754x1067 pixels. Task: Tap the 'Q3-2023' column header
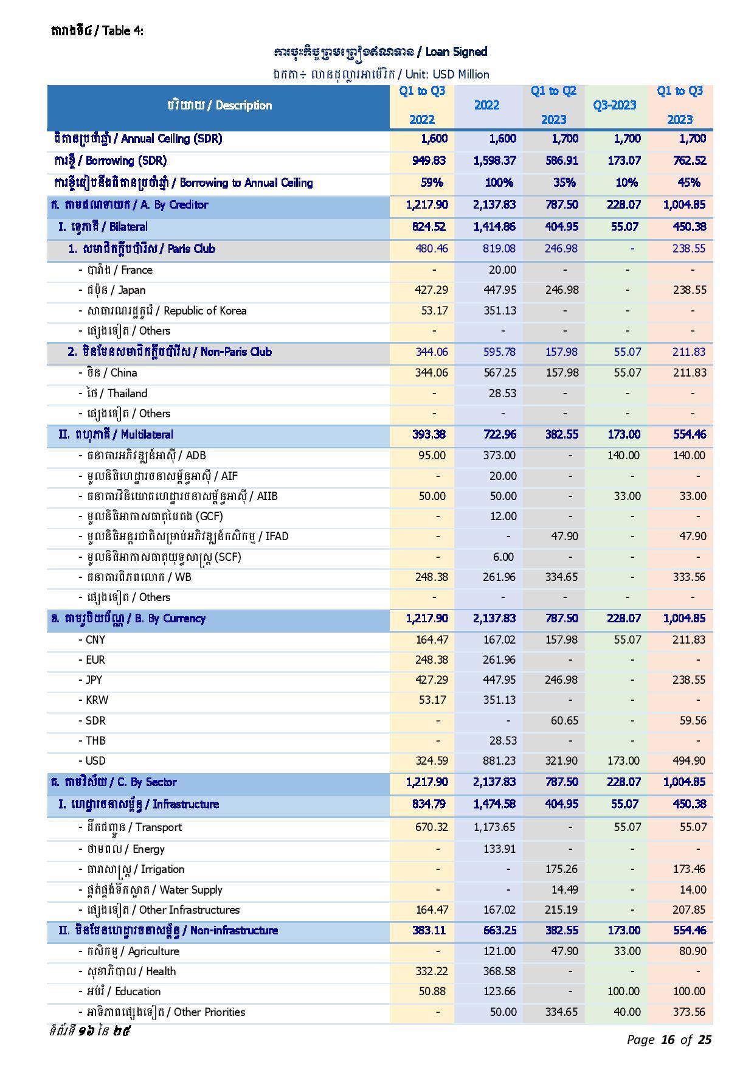[615, 105]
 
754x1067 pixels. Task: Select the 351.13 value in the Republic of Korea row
[499, 311]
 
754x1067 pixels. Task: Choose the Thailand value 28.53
[502, 394]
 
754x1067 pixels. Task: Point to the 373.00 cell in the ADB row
[502, 456]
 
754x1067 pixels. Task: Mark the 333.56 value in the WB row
[689, 577]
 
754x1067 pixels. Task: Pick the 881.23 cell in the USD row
[499, 761]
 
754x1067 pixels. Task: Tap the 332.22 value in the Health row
[431, 971]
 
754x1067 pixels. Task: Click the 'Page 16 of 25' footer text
[669, 1040]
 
